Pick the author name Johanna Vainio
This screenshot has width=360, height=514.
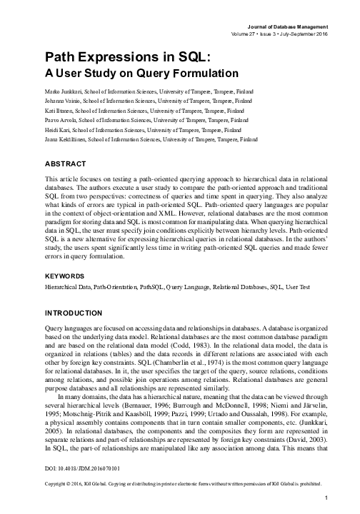(x=63, y=102)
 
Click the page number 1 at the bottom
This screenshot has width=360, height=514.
(x=325, y=498)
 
